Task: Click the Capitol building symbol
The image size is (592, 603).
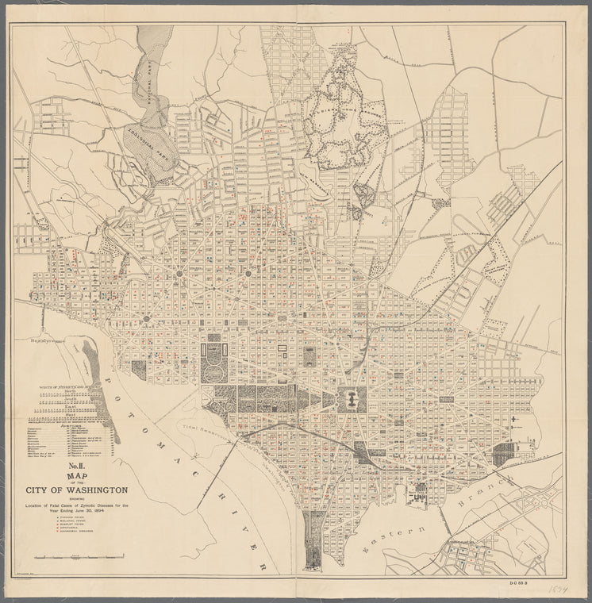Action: pyautogui.click(x=349, y=399)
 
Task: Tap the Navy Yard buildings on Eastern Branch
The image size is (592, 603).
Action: pyautogui.click(x=419, y=494)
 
